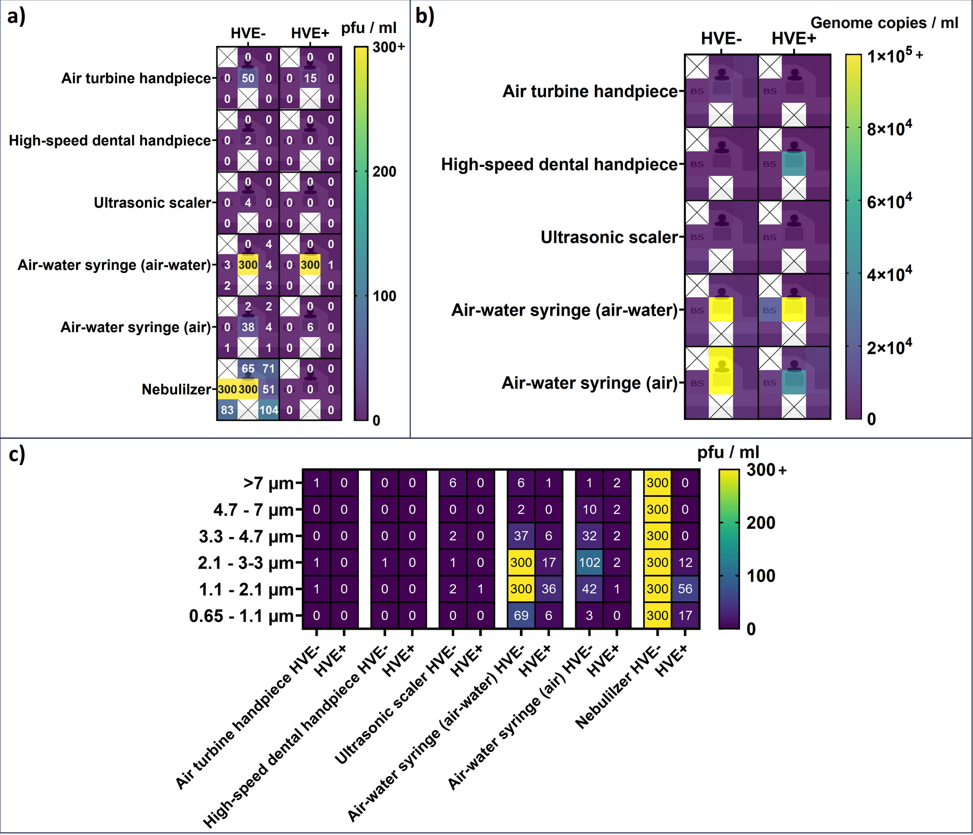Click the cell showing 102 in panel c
(589, 563)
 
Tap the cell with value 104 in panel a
(269, 410)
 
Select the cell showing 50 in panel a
(248, 78)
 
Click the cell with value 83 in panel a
(227, 410)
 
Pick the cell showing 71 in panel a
(269, 368)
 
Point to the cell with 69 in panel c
(521, 616)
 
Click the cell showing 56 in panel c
(685, 589)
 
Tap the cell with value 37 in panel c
(521, 536)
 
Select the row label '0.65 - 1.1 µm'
(242, 616)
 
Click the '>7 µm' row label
(269, 484)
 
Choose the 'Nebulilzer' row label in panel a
(177, 389)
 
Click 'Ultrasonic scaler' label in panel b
(609, 237)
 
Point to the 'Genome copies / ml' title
(884, 23)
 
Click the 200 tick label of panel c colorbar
(761, 523)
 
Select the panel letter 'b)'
(425, 17)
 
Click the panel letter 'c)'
(17, 455)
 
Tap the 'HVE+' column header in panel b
(794, 38)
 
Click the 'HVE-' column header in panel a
(248, 33)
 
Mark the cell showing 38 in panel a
(248, 327)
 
